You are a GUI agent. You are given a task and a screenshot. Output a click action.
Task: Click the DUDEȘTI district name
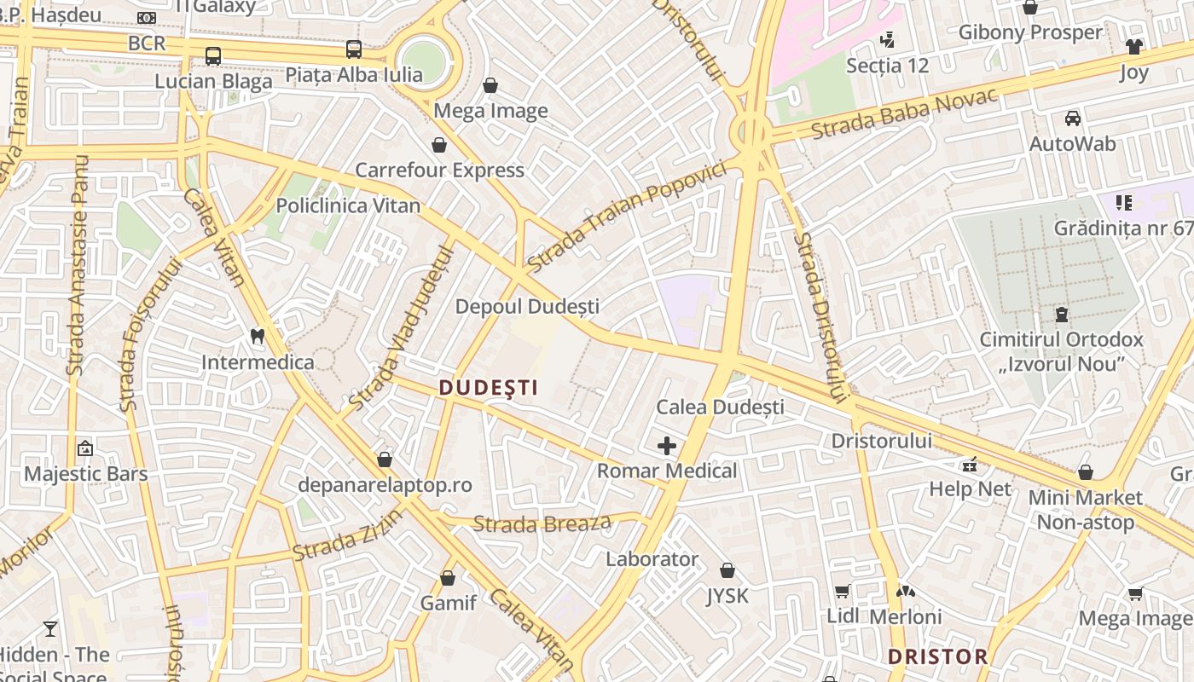coord(489,388)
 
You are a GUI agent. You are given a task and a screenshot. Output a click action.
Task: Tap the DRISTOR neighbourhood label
coord(937,656)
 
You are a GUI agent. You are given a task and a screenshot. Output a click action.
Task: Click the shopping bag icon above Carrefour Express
coord(439,145)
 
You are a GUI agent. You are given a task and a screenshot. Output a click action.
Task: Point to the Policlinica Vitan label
coord(348,205)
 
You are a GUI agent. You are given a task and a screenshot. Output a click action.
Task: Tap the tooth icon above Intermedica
coord(257,337)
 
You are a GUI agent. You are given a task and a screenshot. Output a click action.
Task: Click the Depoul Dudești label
coord(527,306)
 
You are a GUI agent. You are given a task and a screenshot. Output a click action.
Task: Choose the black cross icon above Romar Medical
coord(667,446)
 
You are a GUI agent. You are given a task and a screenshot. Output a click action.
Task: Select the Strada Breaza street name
coord(542,523)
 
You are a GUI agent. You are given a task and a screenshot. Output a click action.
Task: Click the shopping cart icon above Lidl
coord(842,592)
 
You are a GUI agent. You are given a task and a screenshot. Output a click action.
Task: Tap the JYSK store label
coord(727,595)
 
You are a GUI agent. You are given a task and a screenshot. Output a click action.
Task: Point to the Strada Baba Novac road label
coord(904,114)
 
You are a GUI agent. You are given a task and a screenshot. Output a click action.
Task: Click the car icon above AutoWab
coord(1072,118)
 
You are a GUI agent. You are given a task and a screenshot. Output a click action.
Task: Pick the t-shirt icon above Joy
coord(1133,47)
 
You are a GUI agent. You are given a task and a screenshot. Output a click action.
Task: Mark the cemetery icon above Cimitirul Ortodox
coord(1062,315)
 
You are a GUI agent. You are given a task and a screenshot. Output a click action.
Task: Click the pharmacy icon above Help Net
coord(970,465)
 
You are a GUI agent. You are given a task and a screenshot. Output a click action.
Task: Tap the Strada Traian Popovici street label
coord(627,217)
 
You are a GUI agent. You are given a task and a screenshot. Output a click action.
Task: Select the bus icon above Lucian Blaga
coord(213,56)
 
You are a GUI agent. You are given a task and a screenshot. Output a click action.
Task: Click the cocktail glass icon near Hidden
coord(50,629)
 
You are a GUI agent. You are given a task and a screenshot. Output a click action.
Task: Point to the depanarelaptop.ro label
coord(385,485)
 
